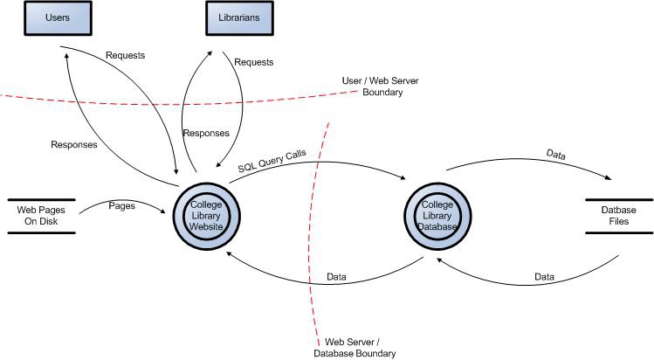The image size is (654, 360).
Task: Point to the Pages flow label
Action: pyautogui.click(x=120, y=204)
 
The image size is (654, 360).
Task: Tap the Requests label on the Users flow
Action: pyautogui.click(x=125, y=55)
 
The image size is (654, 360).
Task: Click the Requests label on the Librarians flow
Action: pyautogui.click(x=253, y=62)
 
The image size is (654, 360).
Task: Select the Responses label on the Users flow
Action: pyautogui.click(x=73, y=144)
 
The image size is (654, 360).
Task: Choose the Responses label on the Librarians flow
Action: pyautogui.click(x=205, y=134)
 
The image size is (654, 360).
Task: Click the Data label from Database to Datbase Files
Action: pyautogui.click(x=556, y=155)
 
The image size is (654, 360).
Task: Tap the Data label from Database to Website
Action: pyautogui.click(x=336, y=277)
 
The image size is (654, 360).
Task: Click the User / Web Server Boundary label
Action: pyautogui.click(x=373, y=86)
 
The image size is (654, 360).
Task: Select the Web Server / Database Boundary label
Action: pyautogui.click(x=354, y=347)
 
